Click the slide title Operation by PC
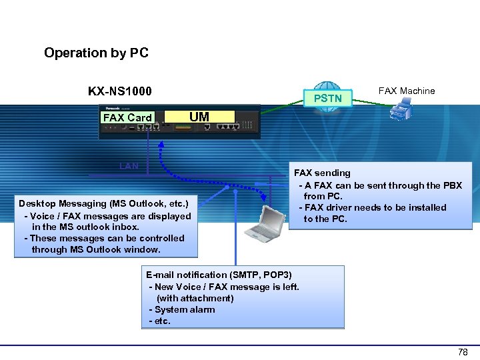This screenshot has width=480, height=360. [96, 53]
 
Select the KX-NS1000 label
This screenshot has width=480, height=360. [120, 91]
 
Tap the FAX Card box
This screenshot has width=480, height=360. [127, 117]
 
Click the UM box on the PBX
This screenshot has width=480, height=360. [199, 117]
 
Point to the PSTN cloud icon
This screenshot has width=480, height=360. [327, 97]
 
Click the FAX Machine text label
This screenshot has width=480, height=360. [406, 91]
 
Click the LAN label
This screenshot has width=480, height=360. [129, 165]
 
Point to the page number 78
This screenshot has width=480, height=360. [463, 352]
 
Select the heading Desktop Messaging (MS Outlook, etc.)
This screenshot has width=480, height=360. [103, 203]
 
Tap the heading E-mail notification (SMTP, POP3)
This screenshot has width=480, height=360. [219, 275]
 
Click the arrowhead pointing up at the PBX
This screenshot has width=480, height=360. [161, 144]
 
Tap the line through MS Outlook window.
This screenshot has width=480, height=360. [96, 249]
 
